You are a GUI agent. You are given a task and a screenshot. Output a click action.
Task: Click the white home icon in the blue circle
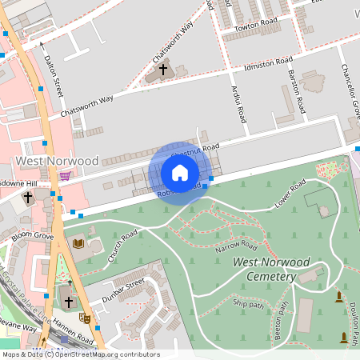coord(180,173)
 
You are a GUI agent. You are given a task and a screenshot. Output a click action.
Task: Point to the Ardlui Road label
coord(238,103)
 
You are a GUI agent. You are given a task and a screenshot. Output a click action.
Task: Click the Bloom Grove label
coord(32,237)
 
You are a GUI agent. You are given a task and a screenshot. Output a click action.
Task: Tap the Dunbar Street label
coord(122,291)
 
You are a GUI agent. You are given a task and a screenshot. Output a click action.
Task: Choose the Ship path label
coord(247,303)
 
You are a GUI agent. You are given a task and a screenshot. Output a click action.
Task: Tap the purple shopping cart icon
coord(65,176)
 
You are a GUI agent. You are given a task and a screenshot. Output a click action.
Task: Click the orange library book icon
coord(78,243)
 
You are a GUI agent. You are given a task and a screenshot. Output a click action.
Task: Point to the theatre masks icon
coord(86,318)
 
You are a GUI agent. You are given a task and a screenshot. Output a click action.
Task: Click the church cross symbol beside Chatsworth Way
coord(163,70)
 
